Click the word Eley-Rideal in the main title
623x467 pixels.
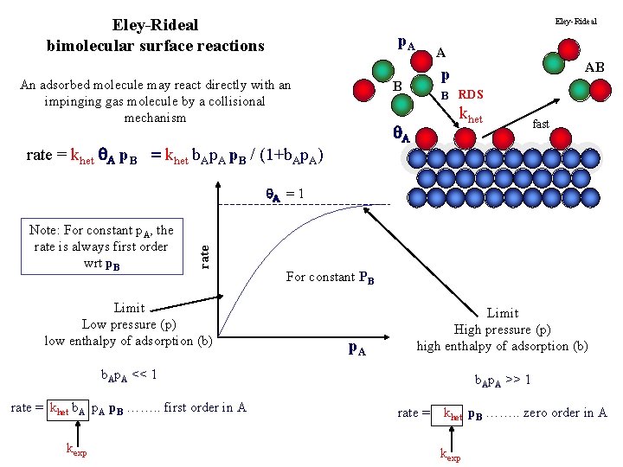(x=155, y=25)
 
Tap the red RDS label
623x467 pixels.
(x=472, y=94)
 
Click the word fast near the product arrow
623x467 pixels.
(x=541, y=124)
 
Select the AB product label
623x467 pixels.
(x=595, y=67)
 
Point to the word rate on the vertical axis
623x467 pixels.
(x=205, y=253)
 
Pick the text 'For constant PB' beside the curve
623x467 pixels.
(x=331, y=277)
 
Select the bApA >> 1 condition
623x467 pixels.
(x=503, y=380)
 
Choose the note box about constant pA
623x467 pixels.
(x=101, y=246)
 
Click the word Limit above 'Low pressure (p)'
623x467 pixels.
(x=130, y=308)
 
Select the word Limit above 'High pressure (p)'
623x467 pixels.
(x=502, y=313)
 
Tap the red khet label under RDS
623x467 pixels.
(x=470, y=114)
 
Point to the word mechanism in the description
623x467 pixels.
(x=155, y=117)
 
